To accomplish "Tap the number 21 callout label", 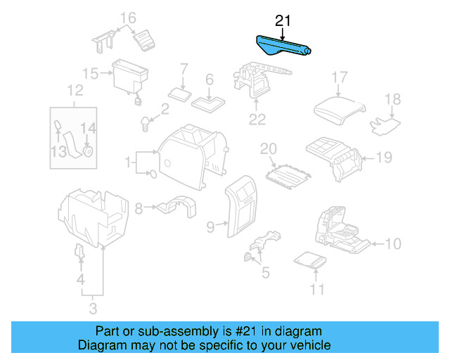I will point(283,21).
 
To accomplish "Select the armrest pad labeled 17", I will point(340,107).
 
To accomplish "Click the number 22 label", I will point(257,120).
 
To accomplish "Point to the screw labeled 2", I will point(146,123).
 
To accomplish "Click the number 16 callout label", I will point(128,18).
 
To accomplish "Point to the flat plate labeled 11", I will point(310,261).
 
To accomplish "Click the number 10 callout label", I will point(393,245).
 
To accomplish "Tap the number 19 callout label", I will point(383,157).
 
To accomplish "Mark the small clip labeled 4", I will point(80,252).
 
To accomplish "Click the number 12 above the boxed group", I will point(75,90).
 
